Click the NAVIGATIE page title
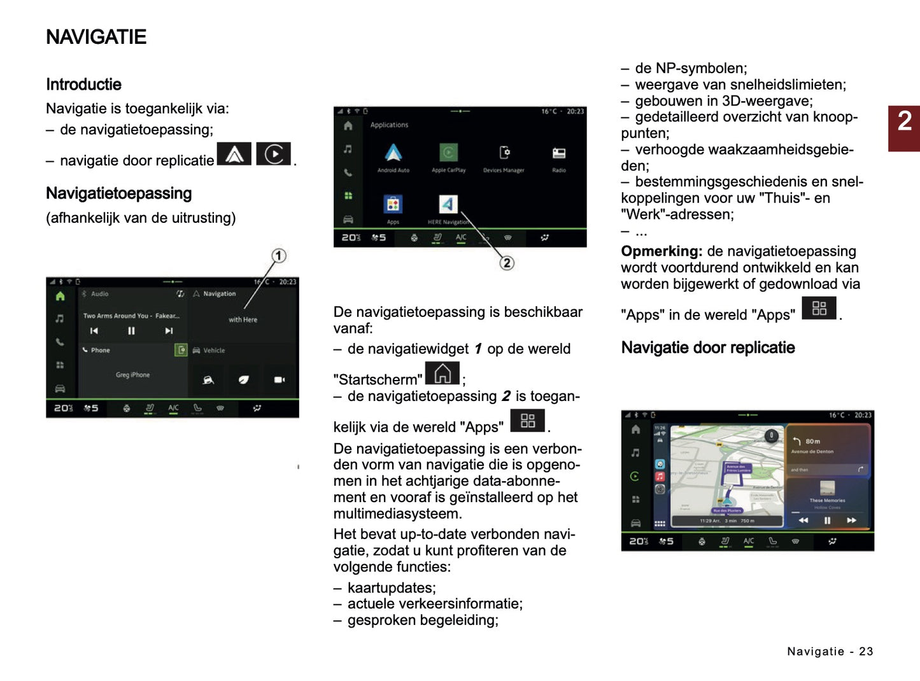(96, 37)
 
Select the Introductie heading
(83, 85)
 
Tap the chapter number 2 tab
(904, 121)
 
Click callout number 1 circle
(279, 256)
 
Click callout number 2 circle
(507, 263)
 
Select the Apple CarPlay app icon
(448, 153)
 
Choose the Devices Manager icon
(504, 153)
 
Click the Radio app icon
(559, 153)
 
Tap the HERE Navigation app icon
(448, 204)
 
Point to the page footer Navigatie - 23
(830, 651)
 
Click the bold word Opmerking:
(662, 251)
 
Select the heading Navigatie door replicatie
(708, 348)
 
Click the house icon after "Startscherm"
(442, 374)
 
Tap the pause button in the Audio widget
(131, 331)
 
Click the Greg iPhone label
(132, 375)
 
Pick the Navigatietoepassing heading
(118, 193)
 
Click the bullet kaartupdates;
(391, 587)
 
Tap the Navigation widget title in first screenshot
(219, 294)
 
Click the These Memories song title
(827, 500)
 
